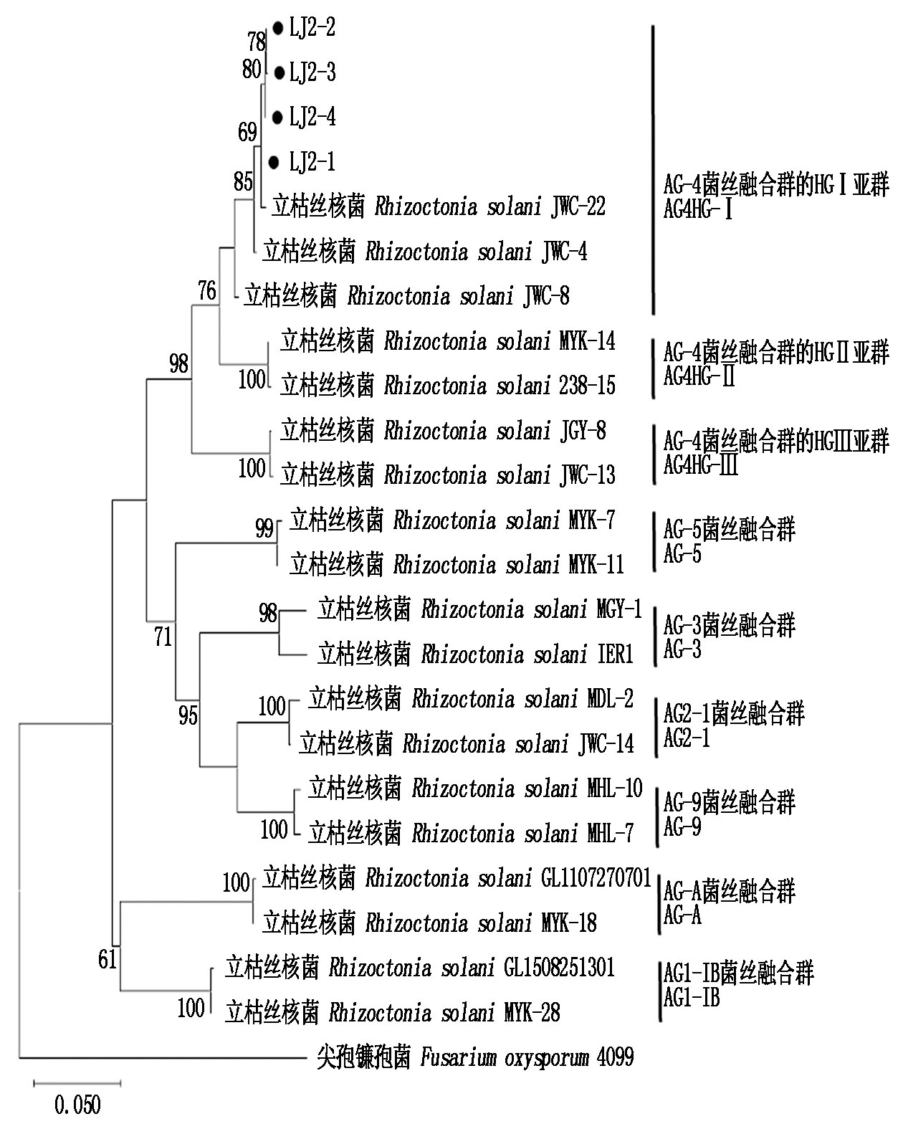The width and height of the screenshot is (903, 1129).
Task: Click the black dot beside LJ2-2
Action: click(278, 28)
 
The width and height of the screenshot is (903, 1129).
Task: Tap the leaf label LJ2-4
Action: click(312, 117)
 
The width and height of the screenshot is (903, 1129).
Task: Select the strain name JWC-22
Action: click(578, 206)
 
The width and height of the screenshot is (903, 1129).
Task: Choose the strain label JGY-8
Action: click(581, 431)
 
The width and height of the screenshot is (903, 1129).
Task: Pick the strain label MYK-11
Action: click(596, 565)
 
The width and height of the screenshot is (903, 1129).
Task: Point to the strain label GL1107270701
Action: click(596, 878)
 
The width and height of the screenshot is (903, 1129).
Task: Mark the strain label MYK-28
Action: click(532, 1013)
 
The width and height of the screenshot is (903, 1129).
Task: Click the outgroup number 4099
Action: click(614, 1057)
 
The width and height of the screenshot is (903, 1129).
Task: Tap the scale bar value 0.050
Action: click(77, 1105)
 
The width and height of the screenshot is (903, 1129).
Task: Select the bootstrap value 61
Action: click(107, 959)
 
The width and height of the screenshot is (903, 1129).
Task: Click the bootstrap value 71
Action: click(163, 636)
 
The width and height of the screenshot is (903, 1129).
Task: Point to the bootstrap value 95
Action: click(188, 715)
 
